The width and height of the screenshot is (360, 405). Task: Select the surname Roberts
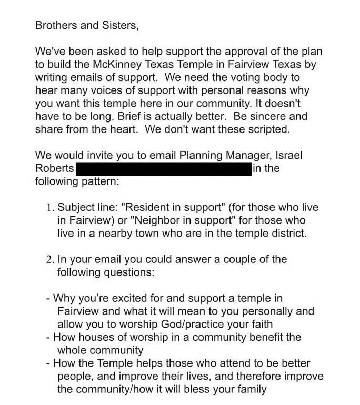click(54, 169)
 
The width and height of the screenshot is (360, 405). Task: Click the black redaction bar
click(163, 169)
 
